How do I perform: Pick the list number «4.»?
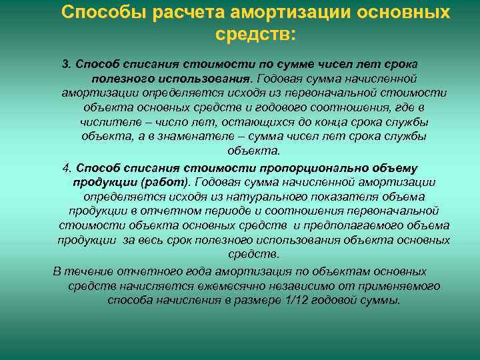coord(67,167)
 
